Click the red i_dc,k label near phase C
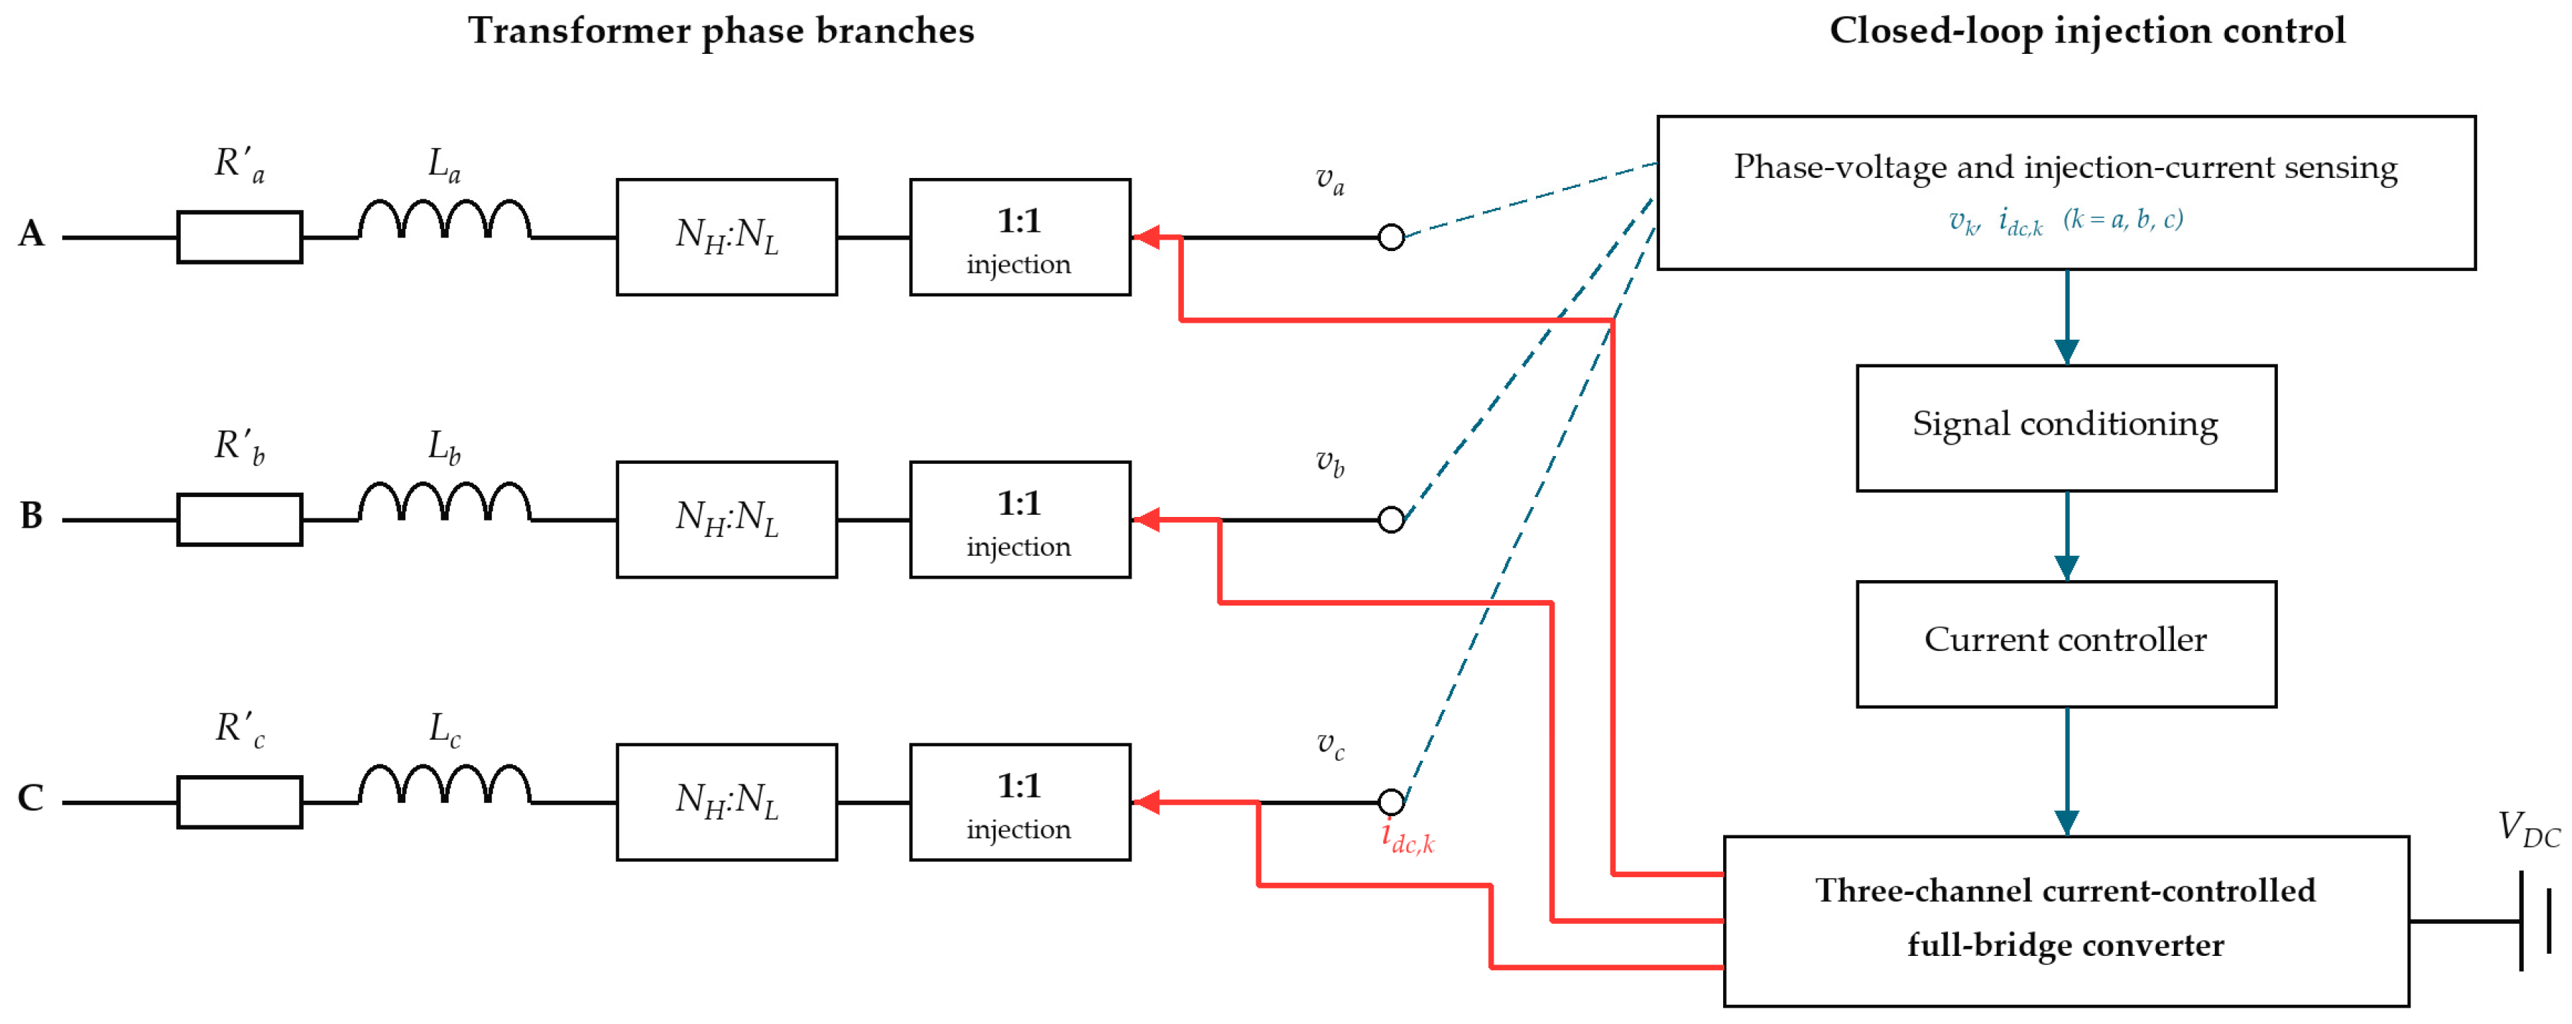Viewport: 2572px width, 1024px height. click(1408, 837)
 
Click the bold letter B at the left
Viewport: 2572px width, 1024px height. click(31, 516)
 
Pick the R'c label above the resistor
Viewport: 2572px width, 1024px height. click(241, 728)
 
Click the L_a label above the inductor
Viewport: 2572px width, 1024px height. click(444, 165)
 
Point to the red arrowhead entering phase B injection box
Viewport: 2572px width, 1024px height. click(1146, 520)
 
